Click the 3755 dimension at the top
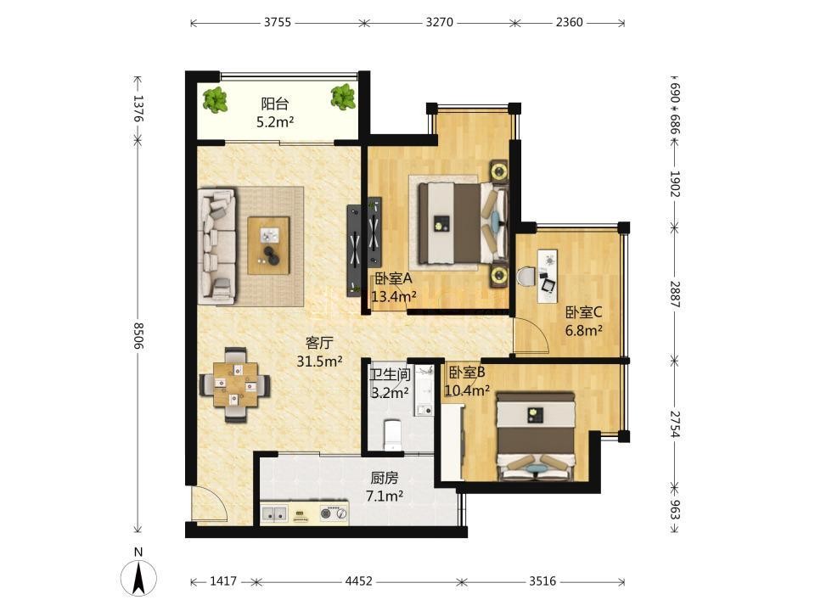tap(278, 22)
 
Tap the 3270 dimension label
tap(439, 22)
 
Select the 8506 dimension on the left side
tap(138, 336)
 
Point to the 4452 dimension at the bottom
tap(358, 580)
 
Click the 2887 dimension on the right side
tap(674, 294)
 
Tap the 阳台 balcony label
tap(274, 104)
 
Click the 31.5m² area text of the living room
tap(319, 361)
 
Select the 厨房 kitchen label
tap(384, 478)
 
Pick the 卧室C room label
tap(584, 312)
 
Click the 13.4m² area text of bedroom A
tap(393, 297)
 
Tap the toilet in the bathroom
tap(392, 434)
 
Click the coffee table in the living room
tap(268, 245)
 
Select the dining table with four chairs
tap(235, 385)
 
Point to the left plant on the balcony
tap(215, 100)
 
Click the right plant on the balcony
tap(344, 97)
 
